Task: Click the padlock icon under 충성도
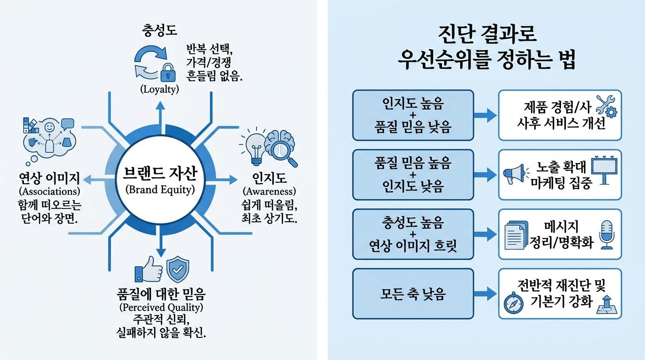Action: click(168, 72)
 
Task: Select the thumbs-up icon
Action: click(149, 270)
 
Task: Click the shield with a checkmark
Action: click(178, 270)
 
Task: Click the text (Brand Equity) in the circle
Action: click(160, 190)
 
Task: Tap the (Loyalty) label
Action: click(159, 89)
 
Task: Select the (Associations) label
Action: click(50, 192)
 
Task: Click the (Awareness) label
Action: click(269, 192)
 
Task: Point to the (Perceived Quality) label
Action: click(161, 307)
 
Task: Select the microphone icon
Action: click(607, 235)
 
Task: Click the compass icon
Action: click(514, 303)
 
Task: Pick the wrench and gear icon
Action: click(607, 106)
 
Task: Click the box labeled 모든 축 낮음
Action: click(413, 294)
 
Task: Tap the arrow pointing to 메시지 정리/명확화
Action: click(485, 234)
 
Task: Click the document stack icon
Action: click(517, 235)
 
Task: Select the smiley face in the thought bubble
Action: click(50, 127)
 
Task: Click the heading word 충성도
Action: click(159, 30)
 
